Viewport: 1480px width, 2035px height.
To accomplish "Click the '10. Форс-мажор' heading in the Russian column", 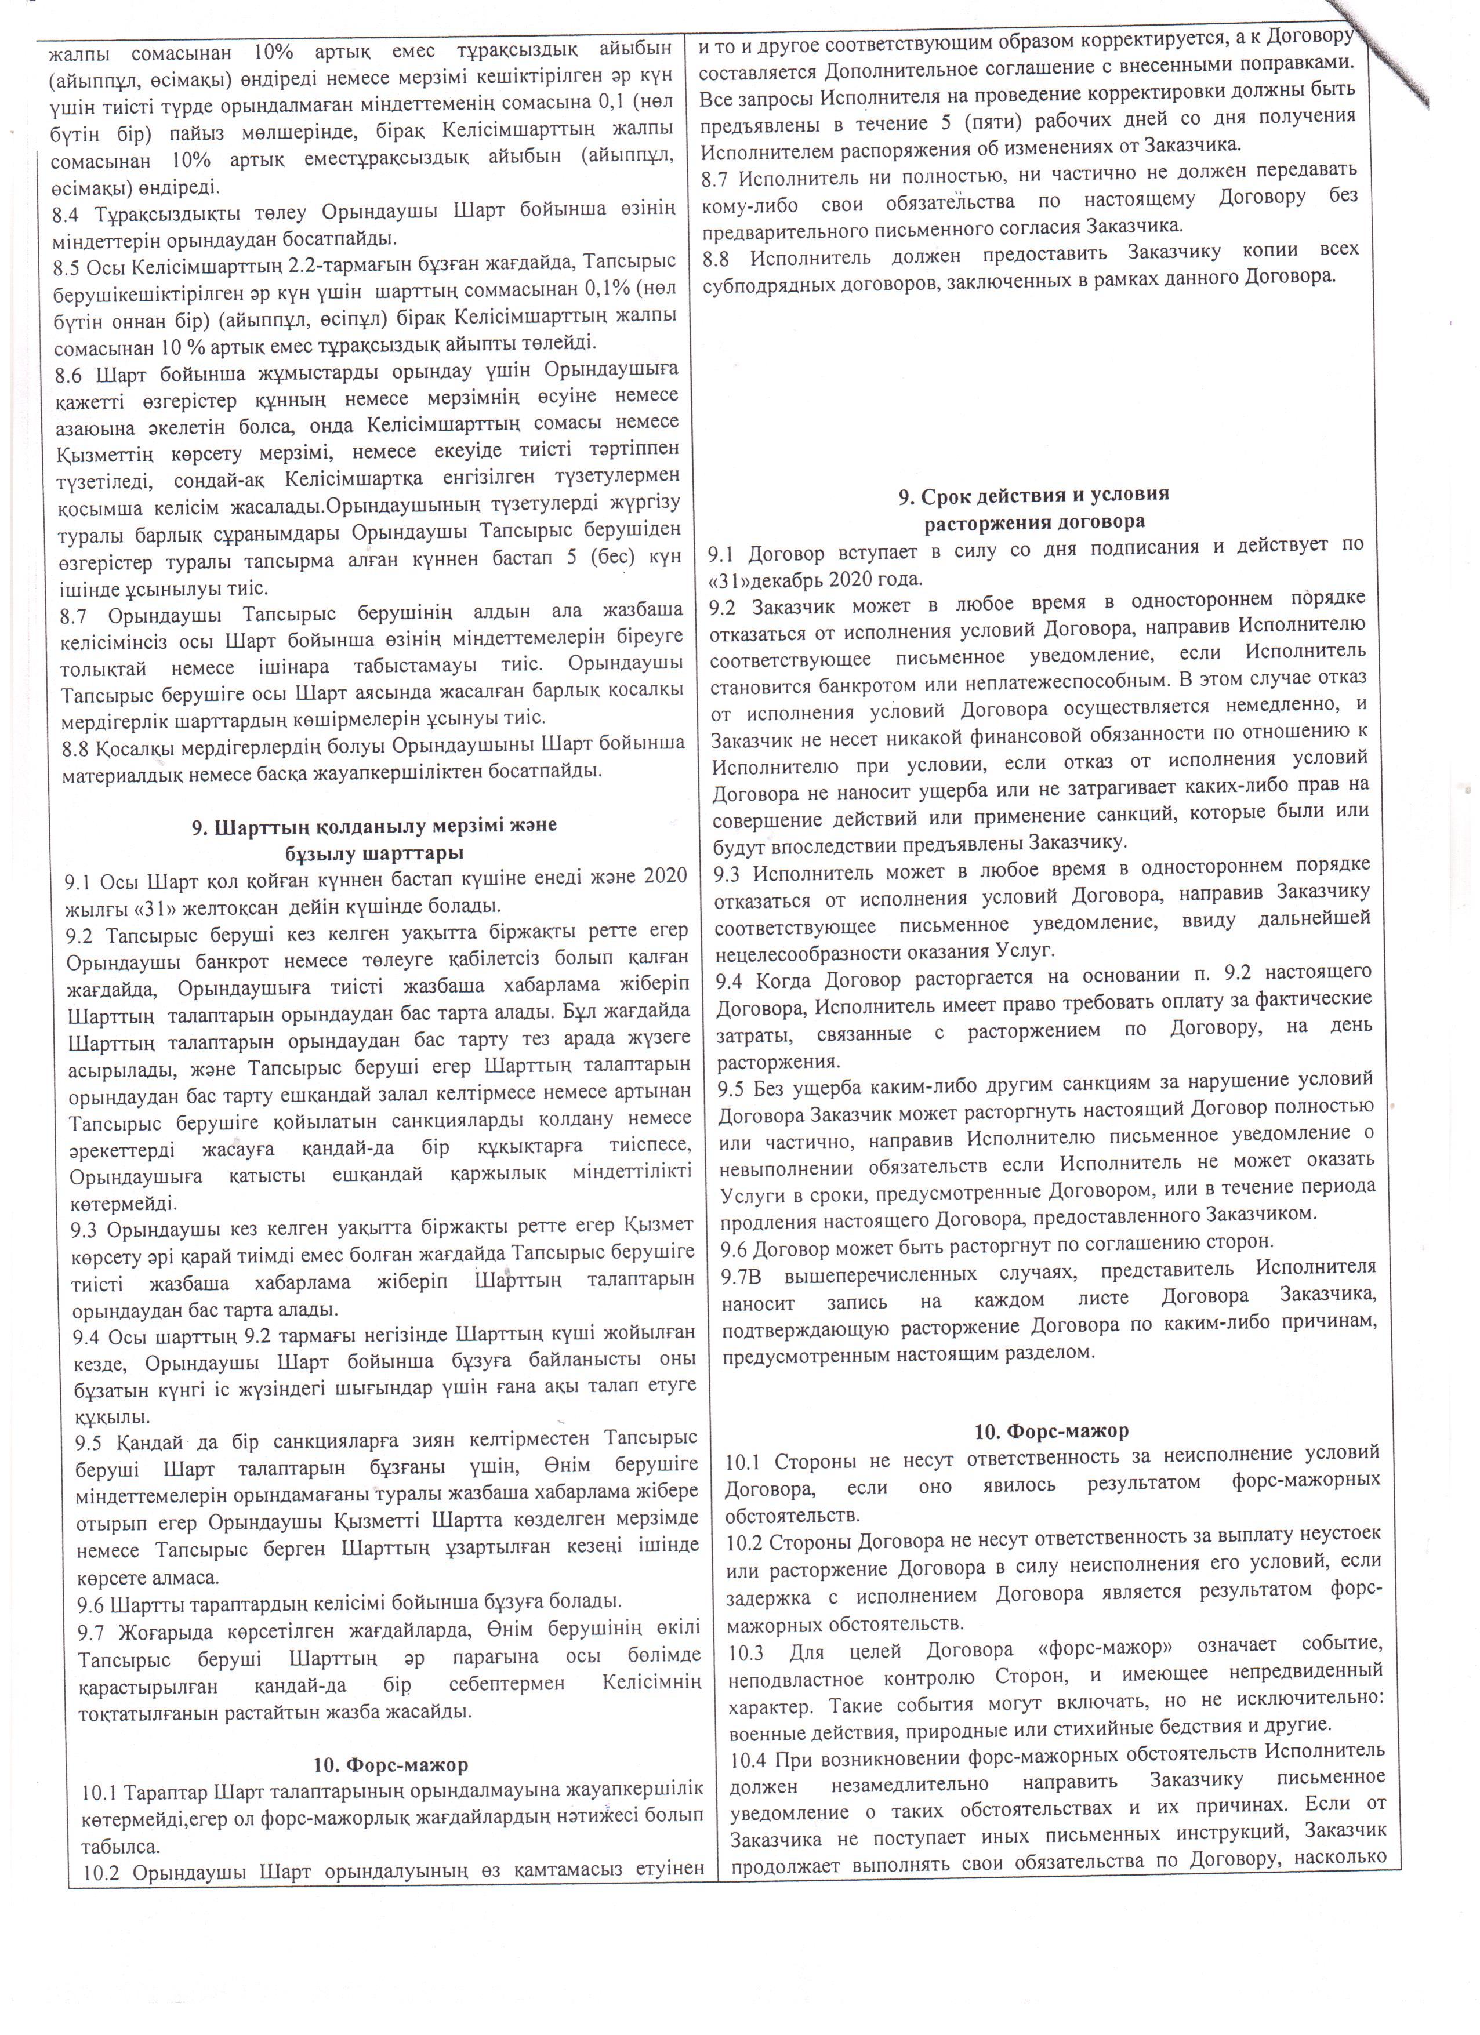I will pyautogui.click(x=1052, y=1430).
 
